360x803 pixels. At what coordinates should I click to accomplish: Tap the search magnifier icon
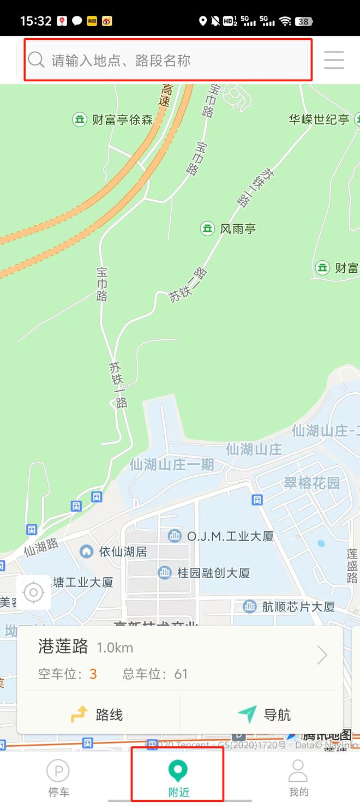point(36,60)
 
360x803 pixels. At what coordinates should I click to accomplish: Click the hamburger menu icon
point(334,59)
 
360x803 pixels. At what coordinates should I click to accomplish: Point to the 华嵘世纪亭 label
point(319,119)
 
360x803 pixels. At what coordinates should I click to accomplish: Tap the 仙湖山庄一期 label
point(172,465)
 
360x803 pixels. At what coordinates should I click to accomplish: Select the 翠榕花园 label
point(311,483)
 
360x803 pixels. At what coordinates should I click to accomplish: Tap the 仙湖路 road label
point(41,547)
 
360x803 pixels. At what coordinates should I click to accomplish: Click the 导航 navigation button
point(265,715)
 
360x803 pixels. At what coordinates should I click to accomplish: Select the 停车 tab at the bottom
point(58,778)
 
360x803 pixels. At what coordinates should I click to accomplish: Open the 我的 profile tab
point(298,778)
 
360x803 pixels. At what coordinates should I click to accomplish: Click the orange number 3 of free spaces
point(93,674)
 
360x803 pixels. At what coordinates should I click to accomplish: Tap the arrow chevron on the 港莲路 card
point(322,655)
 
